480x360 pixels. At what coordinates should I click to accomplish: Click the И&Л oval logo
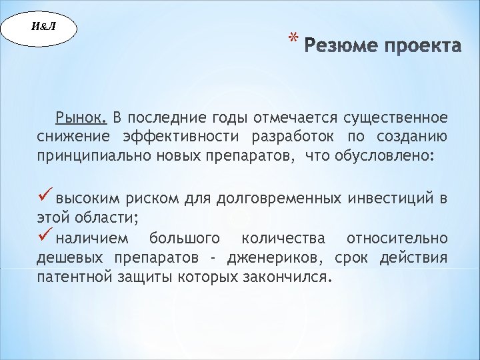coord(40,29)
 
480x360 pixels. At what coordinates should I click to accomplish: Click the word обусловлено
coord(389,156)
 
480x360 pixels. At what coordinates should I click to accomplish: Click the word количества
coord(283,238)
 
